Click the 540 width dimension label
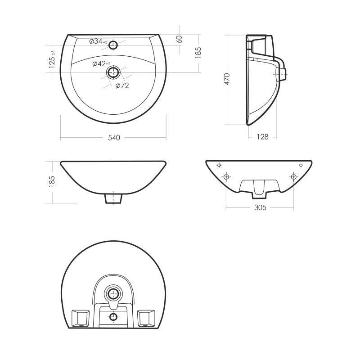tap(114, 138)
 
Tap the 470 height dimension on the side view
tap(227, 79)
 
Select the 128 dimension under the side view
tap(262, 137)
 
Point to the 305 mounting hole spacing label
tap(260, 207)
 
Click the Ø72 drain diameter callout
tap(122, 85)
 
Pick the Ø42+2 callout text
tap(101, 64)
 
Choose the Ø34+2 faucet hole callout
tap(98, 41)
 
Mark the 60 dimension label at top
tap(180, 39)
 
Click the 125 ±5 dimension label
tap(52, 59)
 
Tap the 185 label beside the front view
tap(52, 182)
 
